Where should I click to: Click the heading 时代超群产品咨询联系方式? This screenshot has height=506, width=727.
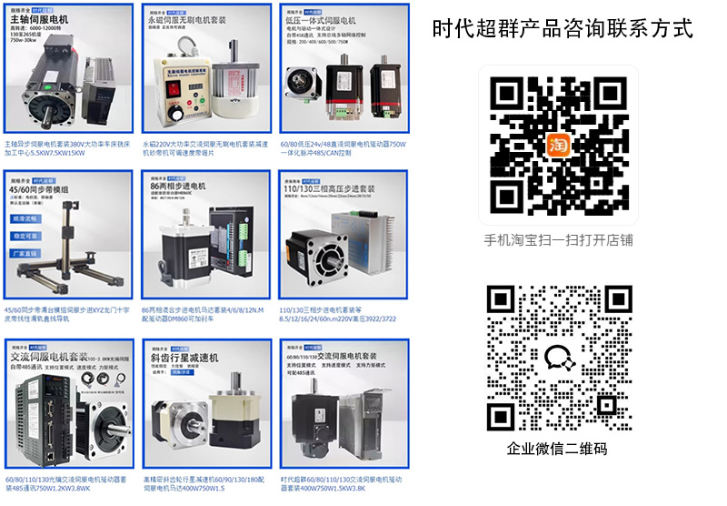click(x=563, y=29)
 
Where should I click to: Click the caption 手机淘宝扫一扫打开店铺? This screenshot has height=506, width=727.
click(x=558, y=241)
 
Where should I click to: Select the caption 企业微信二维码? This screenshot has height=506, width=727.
click(x=557, y=449)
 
